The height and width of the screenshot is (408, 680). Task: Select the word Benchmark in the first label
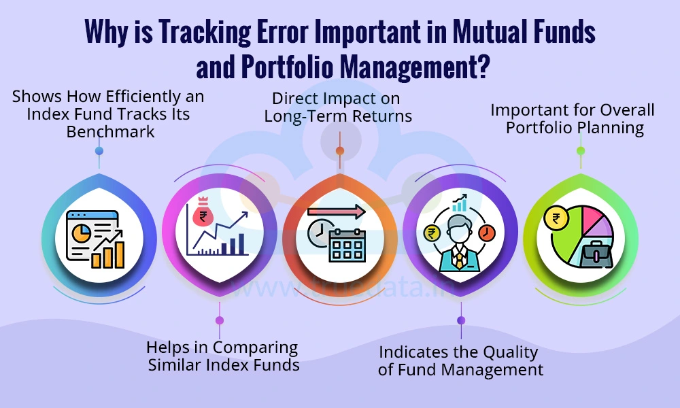[x=110, y=131]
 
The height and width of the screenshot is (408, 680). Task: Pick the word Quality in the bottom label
[x=503, y=352]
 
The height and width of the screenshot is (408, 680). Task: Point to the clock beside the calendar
[x=316, y=235]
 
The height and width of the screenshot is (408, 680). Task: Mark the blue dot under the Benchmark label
[x=99, y=150]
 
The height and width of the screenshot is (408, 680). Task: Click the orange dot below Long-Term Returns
[x=339, y=150]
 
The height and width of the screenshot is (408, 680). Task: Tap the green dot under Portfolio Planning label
[x=580, y=150]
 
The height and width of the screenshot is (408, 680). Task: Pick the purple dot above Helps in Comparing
[x=219, y=320]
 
